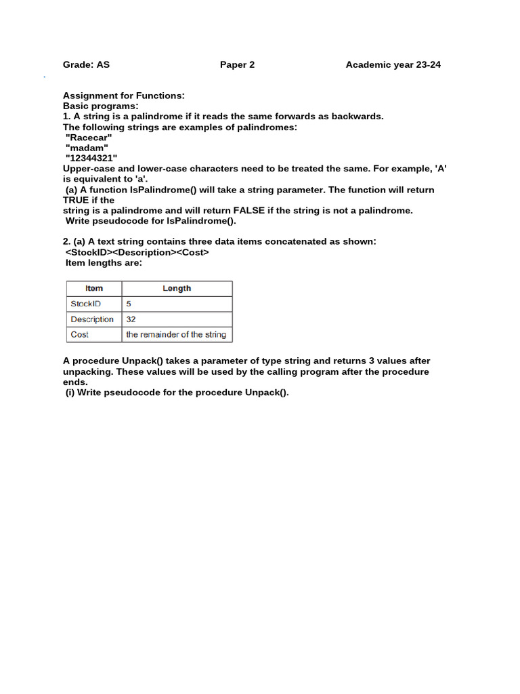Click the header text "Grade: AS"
tap(86, 65)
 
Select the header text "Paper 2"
tap(237, 65)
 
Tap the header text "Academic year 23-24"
tap(393, 65)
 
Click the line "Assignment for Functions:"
tap(124, 96)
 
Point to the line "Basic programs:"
tap(101, 106)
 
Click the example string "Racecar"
tap(89, 138)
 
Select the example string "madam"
tap(87, 148)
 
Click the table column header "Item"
tap(94, 289)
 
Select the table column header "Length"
tap(177, 289)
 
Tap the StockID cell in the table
tap(86, 304)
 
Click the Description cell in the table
tap(92, 319)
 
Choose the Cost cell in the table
tap(80, 335)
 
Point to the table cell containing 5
tap(129, 304)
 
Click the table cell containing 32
tap(131, 319)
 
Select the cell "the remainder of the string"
tap(176, 335)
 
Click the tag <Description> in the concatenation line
tap(145, 252)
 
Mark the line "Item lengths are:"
tap(104, 263)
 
